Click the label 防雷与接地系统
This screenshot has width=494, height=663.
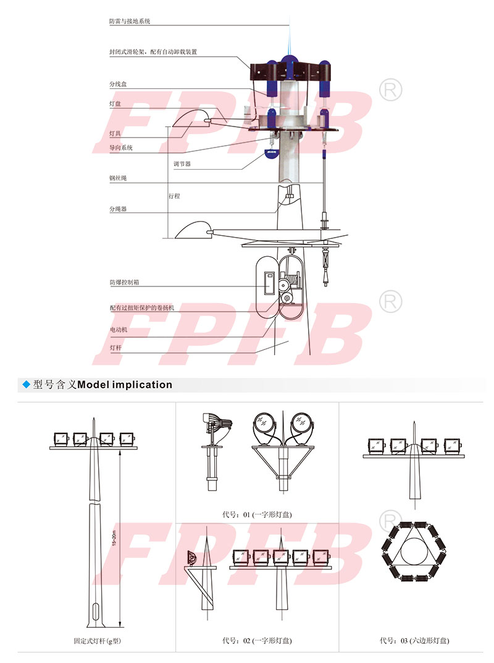[x=130, y=21]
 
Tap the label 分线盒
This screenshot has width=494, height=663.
[x=118, y=84]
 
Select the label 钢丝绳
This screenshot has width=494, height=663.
[x=118, y=178]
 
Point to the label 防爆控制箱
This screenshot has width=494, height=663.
[x=124, y=282]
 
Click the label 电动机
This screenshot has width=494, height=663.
[x=119, y=330]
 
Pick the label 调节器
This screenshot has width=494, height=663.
[x=182, y=164]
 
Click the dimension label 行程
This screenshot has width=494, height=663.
[x=174, y=196]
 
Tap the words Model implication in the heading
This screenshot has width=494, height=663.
[x=125, y=385]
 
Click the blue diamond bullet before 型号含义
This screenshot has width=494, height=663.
[x=26, y=385]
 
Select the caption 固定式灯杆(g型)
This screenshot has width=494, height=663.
[x=98, y=641]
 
